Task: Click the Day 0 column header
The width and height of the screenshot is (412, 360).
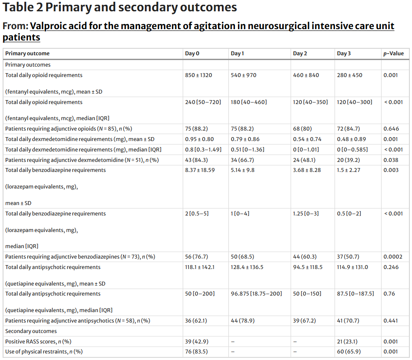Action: (192, 54)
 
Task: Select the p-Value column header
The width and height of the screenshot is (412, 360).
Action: (393, 54)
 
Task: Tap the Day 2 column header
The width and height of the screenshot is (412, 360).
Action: (300, 54)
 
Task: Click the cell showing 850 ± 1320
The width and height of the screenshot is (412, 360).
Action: (198, 75)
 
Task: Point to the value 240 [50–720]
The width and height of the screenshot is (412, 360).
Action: (203, 102)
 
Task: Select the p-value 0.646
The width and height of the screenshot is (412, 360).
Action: (391, 129)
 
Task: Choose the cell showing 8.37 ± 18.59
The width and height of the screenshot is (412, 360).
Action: (200, 170)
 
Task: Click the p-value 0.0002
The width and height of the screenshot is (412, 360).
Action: (393, 256)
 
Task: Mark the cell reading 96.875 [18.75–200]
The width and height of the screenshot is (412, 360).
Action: (256, 293)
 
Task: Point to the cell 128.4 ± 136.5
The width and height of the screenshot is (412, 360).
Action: (247, 267)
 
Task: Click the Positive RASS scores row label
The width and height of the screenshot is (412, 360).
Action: (38, 341)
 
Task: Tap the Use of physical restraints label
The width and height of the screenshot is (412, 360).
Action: (44, 351)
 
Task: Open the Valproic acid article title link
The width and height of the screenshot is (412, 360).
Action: (212, 26)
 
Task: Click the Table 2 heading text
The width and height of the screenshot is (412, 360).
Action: (120, 7)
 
